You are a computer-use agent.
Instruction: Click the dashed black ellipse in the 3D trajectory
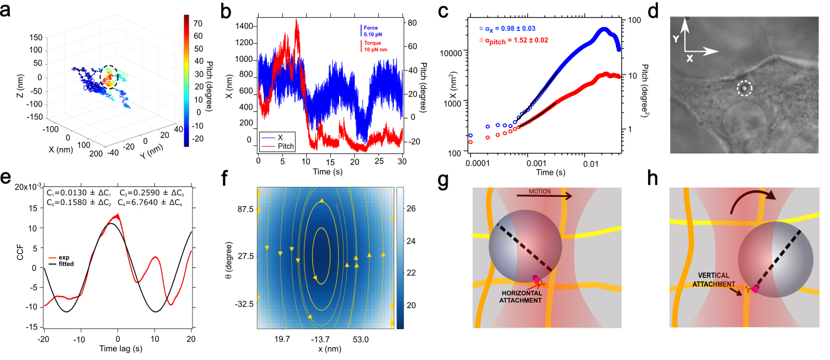click(x=110, y=77)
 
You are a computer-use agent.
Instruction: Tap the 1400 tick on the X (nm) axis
click(x=242, y=26)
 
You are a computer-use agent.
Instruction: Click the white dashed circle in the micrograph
click(x=745, y=87)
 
